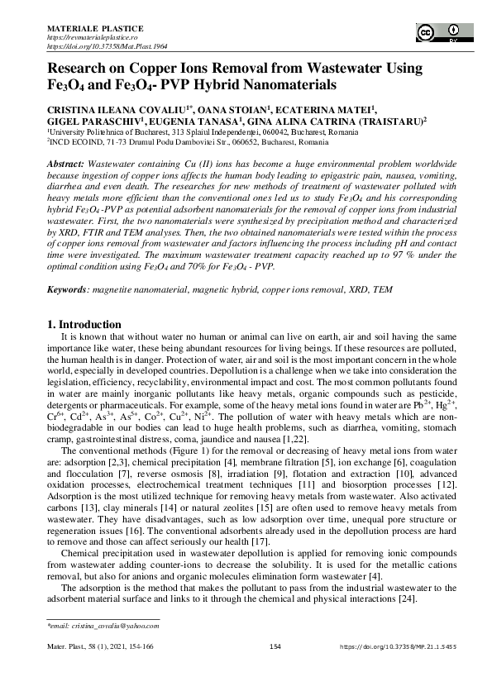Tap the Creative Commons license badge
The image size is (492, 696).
coord(440,32)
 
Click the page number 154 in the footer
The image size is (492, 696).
coord(277,669)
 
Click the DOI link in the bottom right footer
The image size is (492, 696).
coord(397,669)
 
